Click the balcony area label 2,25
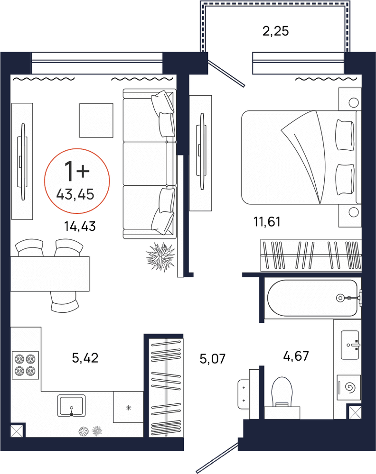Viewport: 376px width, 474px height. [275, 31]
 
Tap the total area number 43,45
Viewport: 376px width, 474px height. [75, 194]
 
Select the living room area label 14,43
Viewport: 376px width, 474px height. [80, 226]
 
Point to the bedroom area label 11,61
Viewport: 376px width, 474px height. [267, 221]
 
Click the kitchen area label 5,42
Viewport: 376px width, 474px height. [85, 358]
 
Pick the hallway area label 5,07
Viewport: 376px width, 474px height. [213, 359]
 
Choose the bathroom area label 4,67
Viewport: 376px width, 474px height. [296, 356]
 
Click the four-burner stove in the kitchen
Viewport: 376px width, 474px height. [26, 365]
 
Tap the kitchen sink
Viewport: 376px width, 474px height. [71, 406]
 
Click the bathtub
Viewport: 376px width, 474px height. [313, 298]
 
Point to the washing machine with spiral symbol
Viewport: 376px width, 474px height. [349, 388]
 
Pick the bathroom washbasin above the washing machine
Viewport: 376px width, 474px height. [350, 345]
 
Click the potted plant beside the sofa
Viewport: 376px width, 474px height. [160, 256]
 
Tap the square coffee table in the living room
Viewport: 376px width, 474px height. [96, 120]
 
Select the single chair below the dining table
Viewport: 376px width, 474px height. [65, 301]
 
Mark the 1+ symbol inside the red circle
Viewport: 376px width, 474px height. [77, 171]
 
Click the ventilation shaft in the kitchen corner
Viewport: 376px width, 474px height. [17, 431]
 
